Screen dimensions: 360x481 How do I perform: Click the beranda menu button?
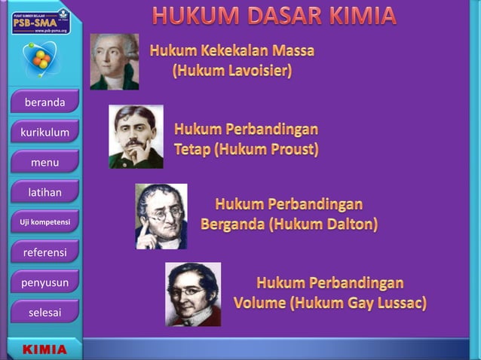[44, 102]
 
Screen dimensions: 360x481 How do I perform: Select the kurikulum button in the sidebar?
[44, 133]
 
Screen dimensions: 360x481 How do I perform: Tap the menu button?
[44, 163]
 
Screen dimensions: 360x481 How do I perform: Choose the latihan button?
[44, 193]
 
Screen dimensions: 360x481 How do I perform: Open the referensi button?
[44, 252]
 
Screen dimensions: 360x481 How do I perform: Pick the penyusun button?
[44, 282]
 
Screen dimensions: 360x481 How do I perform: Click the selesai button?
[44, 312]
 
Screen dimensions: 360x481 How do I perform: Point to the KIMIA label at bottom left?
[44, 349]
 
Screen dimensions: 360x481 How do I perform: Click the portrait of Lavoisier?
[115, 62]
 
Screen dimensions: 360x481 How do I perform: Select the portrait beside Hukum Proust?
[136, 136]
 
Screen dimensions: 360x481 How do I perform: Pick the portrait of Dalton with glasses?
[161, 216]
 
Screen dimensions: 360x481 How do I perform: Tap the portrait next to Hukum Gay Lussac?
[193, 294]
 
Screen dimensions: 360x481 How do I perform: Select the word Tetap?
[191, 149]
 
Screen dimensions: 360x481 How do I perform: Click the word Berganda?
[233, 224]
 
